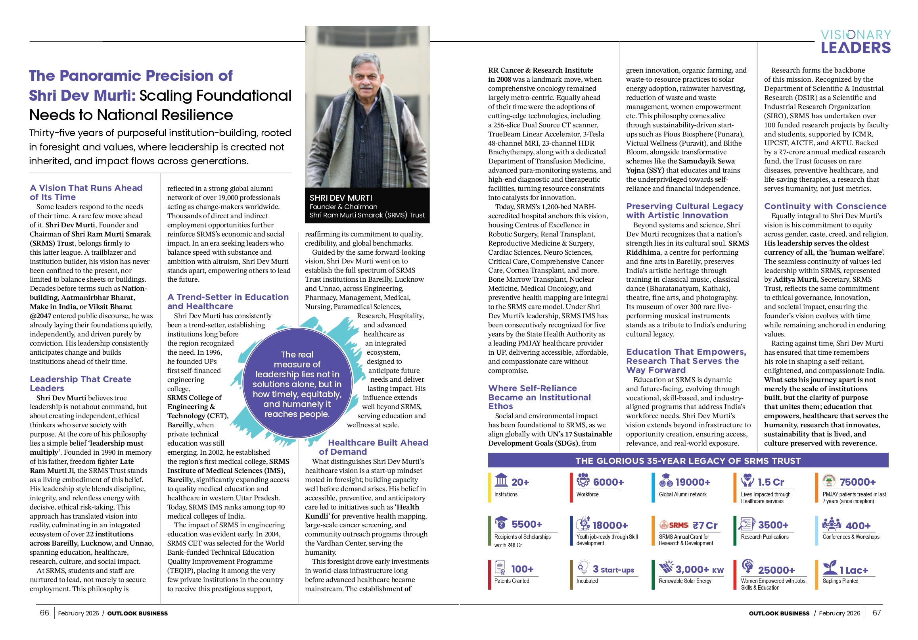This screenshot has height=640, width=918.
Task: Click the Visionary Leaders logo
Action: pyautogui.click(x=855, y=42)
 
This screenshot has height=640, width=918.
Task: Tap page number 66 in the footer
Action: pyautogui.click(x=44, y=613)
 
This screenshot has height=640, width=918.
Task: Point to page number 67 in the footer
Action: pyautogui.click(x=876, y=613)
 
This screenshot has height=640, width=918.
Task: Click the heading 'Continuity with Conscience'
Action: pyautogui.click(x=825, y=206)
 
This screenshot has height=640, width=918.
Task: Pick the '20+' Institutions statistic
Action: pyautogui.click(x=520, y=482)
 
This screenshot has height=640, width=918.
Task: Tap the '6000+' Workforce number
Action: pyautogui.click(x=608, y=482)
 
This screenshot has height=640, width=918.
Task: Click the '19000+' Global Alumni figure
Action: pyautogui.click(x=692, y=482)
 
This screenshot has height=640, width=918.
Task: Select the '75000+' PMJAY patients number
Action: pyautogui.click(x=857, y=482)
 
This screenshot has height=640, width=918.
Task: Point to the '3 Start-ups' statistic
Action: pyautogui.click(x=613, y=570)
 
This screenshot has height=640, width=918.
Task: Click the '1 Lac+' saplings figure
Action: pyautogui.click(x=853, y=571)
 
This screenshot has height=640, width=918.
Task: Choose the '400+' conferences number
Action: pyautogui.click(x=858, y=526)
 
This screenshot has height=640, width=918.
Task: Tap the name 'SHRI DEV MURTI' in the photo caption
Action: pyautogui.click(x=341, y=198)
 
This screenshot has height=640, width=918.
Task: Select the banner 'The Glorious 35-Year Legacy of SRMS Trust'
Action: pyautogui.click(x=688, y=461)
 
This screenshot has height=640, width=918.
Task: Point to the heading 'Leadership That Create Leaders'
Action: pyautogui.click(x=80, y=384)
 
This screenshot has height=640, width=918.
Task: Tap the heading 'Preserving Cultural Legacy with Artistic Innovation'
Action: pyautogui.click(x=684, y=211)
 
